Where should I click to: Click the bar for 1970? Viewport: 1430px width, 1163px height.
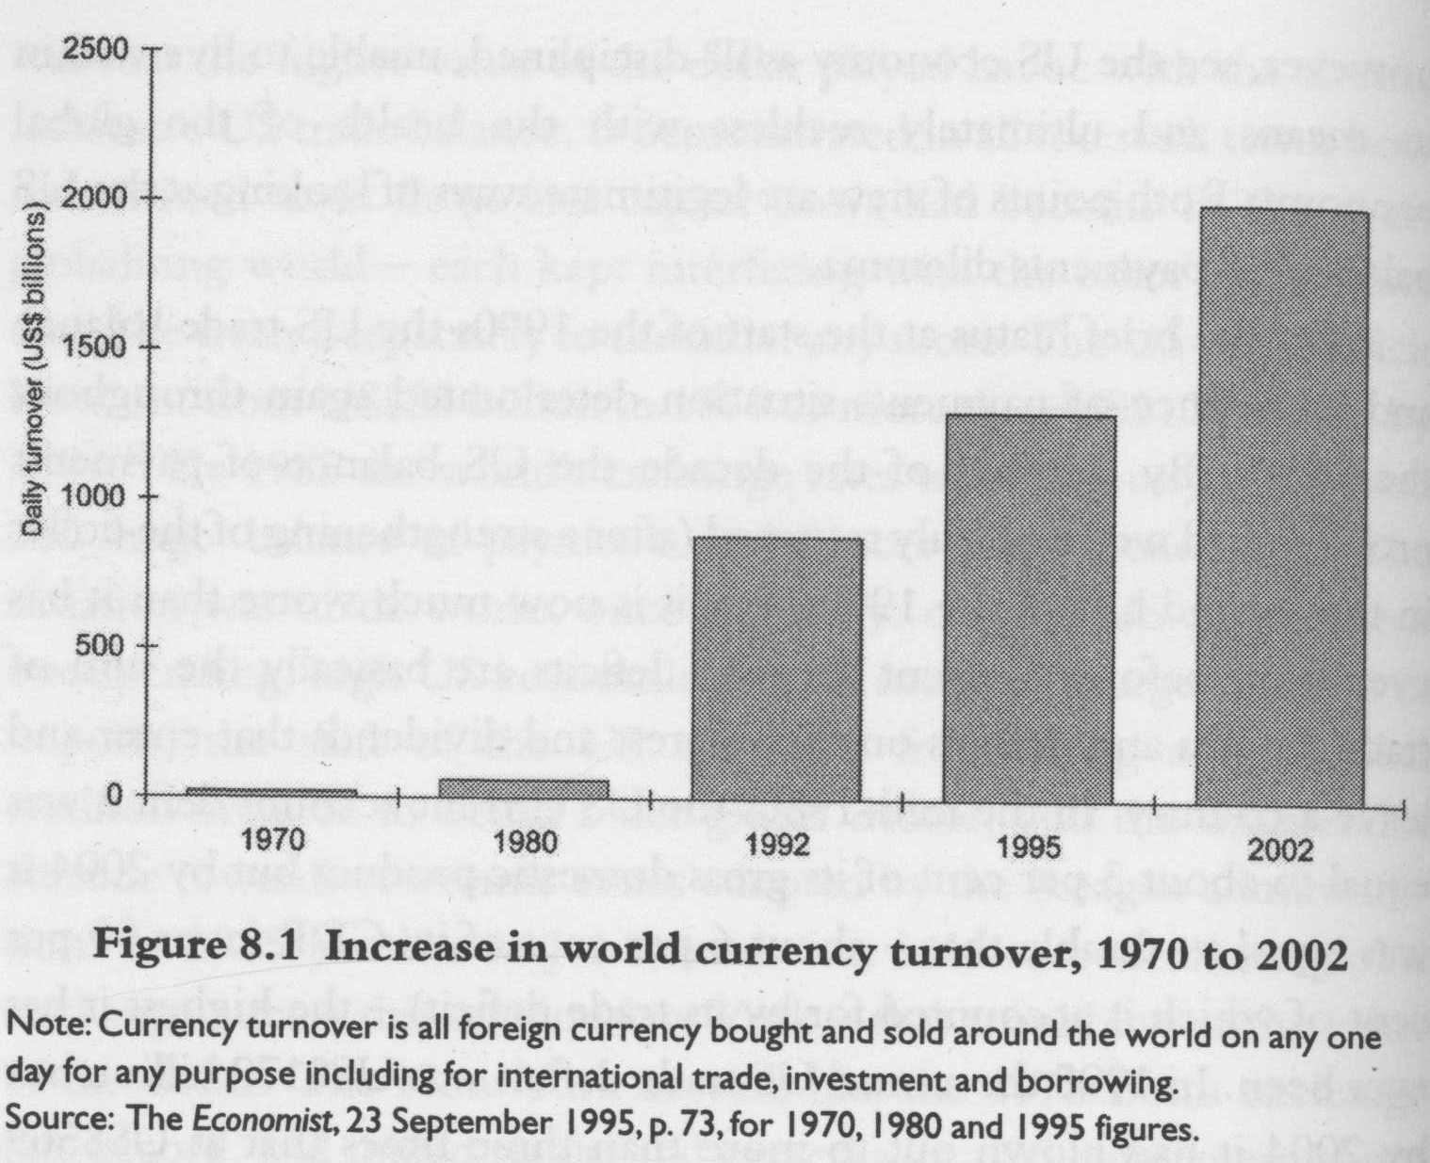(273, 792)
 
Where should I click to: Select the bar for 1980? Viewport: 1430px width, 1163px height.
(524, 789)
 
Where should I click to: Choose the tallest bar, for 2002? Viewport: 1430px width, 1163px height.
(1281, 509)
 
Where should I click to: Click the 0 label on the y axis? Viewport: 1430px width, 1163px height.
(114, 795)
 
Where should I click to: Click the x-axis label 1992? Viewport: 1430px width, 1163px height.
(777, 845)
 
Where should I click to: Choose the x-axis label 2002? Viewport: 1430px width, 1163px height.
(1280, 850)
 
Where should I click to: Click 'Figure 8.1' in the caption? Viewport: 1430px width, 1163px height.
(206, 945)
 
